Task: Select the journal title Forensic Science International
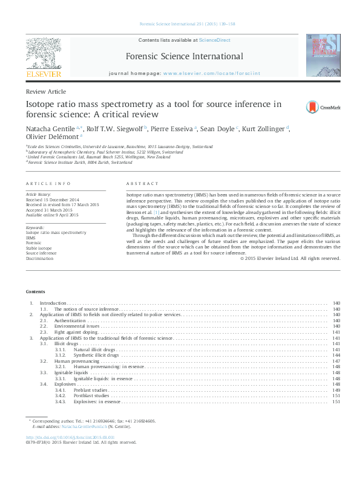[x=184, y=57]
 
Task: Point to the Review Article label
[x=45, y=91]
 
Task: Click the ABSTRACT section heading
[x=142, y=184]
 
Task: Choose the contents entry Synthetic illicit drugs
[x=96, y=355]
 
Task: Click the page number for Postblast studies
[x=336, y=395]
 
